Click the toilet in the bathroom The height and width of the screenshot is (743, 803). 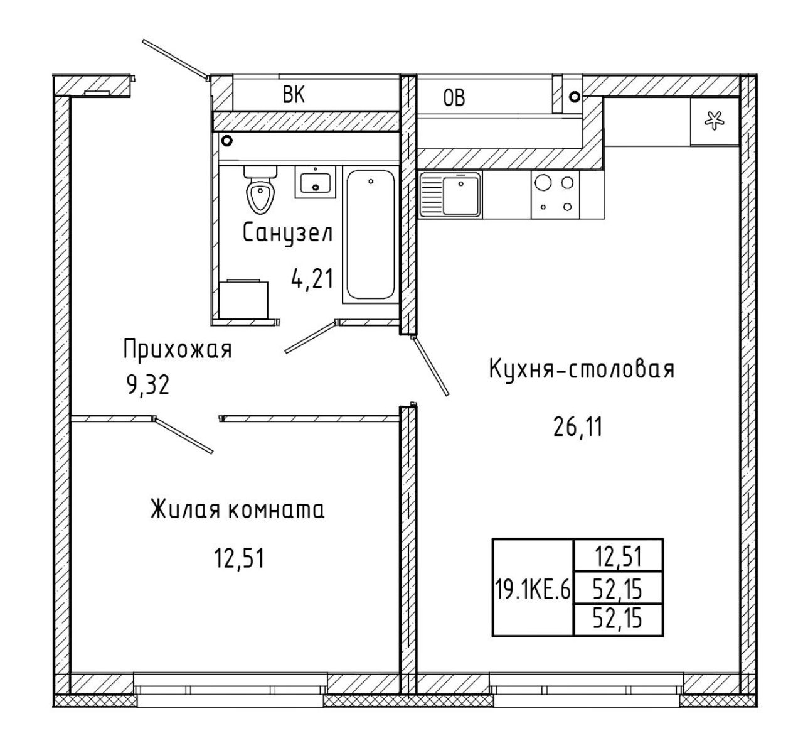coord(260,189)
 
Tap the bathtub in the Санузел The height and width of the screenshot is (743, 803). coord(371,234)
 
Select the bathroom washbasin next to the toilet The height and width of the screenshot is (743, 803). coord(316,182)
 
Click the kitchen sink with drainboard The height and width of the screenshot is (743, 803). coord(450,195)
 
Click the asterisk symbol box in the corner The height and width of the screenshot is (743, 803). coord(715,121)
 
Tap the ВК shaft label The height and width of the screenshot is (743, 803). coord(294,95)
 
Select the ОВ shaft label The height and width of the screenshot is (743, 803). coord(454,99)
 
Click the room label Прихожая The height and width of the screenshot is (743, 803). coord(178,349)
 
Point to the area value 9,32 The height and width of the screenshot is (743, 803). coord(148,385)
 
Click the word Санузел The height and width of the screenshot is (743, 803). coord(288,234)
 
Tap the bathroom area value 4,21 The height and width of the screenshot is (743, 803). coord(312,279)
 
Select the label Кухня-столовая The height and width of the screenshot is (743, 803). coord(582,369)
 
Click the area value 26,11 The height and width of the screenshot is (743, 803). coord(578,427)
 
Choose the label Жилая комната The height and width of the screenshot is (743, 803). coord(238,509)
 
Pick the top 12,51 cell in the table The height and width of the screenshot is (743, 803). coord(618,556)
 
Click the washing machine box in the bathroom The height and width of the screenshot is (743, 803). coord(243,299)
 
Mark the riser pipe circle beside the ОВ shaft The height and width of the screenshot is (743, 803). coord(575,97)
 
